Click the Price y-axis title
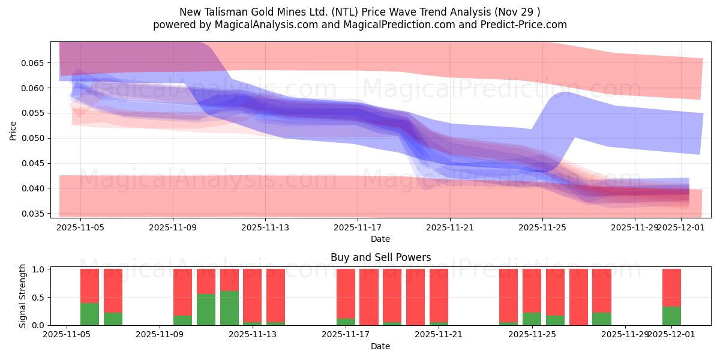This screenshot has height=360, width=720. [13, 130]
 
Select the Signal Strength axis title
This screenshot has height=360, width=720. [22, 297]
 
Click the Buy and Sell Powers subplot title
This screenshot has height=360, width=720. [380, 257]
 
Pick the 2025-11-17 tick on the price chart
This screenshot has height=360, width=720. [358, 227]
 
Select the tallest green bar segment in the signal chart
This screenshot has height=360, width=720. [229, 308]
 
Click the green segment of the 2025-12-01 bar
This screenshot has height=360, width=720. [671, 316]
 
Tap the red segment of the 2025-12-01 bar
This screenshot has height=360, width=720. [671, 287]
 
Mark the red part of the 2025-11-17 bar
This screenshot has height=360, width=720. [346, 293]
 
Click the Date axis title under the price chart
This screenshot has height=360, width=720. [380, 239]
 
